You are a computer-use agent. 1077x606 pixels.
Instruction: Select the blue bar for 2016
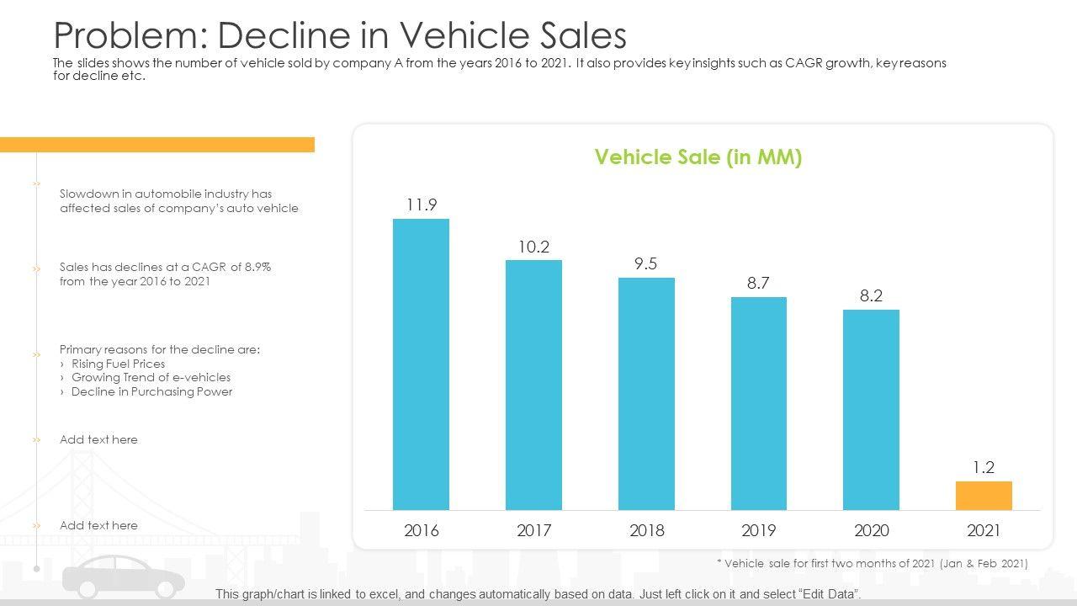(x=421, y=364)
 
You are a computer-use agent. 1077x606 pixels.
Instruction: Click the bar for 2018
(x=646, y=393)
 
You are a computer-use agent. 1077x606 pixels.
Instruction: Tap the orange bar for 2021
(x=984, y=496)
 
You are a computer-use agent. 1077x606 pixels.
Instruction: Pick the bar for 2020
(x=871, y=409)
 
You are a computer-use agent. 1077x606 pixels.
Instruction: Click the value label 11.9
(x=421, y=205)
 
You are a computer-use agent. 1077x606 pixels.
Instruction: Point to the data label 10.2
(x=533, y=247)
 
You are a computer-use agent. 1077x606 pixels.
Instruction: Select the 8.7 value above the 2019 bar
(x=758, y=283)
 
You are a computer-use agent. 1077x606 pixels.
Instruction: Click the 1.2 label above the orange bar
(x=984, y=468)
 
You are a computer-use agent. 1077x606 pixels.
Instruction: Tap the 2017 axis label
(x=533, y=530)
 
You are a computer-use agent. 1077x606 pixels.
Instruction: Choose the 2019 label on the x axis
(x=758, y=530)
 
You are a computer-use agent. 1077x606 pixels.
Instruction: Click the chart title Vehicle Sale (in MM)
(x=698, y=157)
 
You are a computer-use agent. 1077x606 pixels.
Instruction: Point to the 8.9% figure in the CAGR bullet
(x=257, y=267)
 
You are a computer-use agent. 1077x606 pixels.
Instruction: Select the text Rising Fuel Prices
(x=118, y=364)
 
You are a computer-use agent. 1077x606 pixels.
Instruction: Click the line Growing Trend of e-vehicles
(x=151, y=377)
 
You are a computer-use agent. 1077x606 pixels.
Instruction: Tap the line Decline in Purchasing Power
(x=151, y=391)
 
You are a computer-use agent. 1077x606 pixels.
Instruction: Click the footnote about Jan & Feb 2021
(x=872, y=563)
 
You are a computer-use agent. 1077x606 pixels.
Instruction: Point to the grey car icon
(x=124, y=581)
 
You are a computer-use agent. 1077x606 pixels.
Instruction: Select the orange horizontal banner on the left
(x=157, y=145)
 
